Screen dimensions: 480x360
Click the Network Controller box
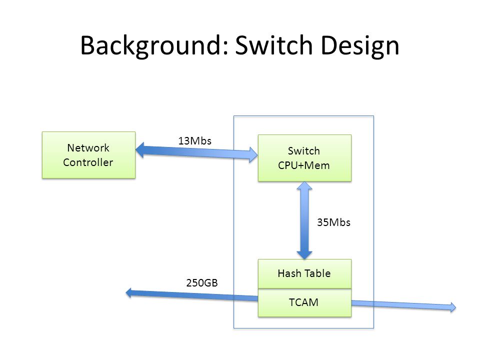(x=89, y=155)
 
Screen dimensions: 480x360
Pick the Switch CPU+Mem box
(x=304, y=158)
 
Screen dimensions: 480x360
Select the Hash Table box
(x=304, y=273)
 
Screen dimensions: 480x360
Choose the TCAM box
(x=304, y=302)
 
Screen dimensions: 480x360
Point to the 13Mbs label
(x=194, y=141)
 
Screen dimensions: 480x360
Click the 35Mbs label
(x=333, y=222)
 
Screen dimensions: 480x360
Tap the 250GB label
(x=202, y=282)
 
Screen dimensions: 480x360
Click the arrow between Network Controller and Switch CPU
(x=196, y=152)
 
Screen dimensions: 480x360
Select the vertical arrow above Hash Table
(x=304, y=220)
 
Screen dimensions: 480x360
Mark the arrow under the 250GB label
(x=192, y=295)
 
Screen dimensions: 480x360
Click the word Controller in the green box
(x=88, y=162)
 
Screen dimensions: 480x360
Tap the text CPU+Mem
(x=304, y=165)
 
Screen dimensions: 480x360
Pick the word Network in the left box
(x=88, y=148)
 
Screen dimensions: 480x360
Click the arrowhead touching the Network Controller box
(x=139, y=150)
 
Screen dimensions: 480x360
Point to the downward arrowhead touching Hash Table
(x=304, y=255)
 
